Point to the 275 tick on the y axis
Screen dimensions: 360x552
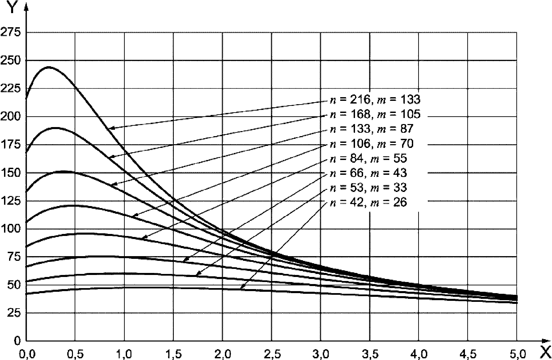pos(11,33)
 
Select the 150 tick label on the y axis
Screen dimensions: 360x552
pos(11,173)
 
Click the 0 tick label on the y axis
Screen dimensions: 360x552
pos(17,341)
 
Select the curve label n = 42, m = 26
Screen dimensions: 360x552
pos(368,202)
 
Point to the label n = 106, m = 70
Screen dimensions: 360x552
pos(371,144)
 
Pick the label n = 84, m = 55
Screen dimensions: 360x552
pos(368,158)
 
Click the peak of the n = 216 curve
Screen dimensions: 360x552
pos(49,67)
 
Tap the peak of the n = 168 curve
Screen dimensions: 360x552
pos(55,128)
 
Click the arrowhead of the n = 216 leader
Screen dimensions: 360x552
pos(109,128)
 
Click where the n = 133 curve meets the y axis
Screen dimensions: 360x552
pos(27,192)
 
